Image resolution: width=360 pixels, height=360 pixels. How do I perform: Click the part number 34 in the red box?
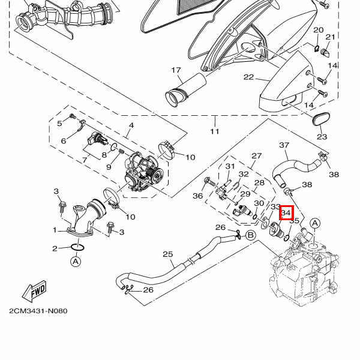(x=286, y=212)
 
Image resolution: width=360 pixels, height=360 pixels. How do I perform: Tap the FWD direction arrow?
(x=37, y=290)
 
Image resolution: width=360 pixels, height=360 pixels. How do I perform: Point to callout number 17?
(x=176, y=70)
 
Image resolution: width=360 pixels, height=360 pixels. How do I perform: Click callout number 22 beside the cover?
(x=248, y=77)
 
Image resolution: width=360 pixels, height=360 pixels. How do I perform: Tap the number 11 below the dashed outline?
(x=215, y=131)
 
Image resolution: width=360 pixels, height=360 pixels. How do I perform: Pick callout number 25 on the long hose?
(x=167, y=254)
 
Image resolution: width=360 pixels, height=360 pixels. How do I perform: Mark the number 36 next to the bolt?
(x=198, y=196)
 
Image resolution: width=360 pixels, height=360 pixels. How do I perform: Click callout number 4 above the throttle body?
(x=131, y=125)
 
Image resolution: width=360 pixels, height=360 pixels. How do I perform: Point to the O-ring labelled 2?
(x=77, y=247)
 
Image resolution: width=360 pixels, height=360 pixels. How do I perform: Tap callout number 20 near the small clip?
(x=318, y=30)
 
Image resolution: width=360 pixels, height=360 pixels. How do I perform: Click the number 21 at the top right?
(x=330, y=37)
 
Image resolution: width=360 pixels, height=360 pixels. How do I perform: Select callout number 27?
(x=257, y=156)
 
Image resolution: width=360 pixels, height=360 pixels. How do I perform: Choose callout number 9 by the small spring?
(x=109, y=166)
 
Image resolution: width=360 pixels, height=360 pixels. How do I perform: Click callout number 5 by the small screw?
(x=60, y=124)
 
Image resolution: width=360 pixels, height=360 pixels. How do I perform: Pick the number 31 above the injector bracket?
(x=230, y=166)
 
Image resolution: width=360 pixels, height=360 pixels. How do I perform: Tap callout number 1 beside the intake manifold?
(x=55, y=230)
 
